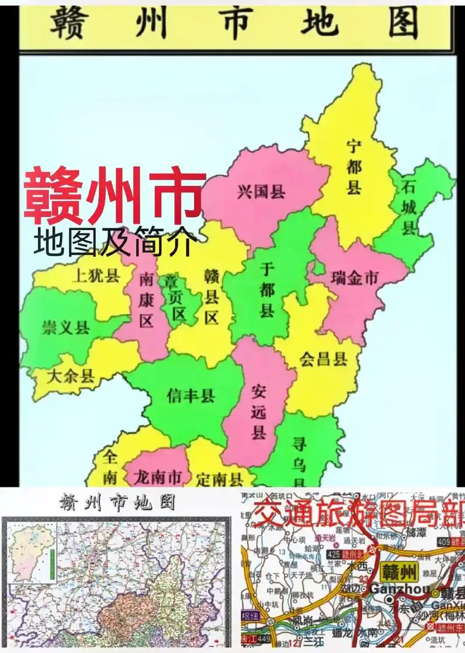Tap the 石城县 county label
pos(409,207)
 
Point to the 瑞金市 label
pos(354,278)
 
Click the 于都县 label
pos(267,289)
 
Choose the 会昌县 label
pos(324,359)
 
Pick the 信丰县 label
pos(191,396)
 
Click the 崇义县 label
pos(65,327)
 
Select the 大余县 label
pos(70,376)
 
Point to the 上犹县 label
pos(95,275)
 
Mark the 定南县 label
pos(219,479)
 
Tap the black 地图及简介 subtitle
pos(114,242)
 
